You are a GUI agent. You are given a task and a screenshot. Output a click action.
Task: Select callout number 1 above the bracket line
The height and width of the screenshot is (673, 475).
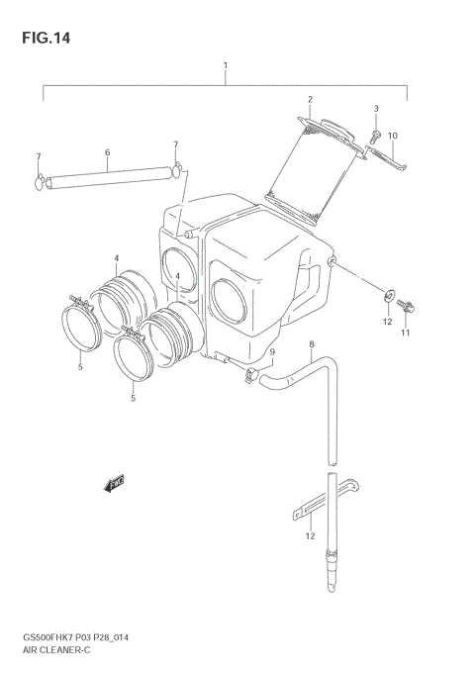226,66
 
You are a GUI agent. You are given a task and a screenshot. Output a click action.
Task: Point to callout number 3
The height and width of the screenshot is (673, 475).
376,108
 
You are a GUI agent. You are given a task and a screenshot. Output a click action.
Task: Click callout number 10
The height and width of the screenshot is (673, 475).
392,136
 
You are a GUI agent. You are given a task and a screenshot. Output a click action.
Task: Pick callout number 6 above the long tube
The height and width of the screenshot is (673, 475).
107,152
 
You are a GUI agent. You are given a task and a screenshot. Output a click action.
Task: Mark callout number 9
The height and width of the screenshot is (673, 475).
272,351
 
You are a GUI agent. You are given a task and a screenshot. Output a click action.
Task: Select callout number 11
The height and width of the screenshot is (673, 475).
405,334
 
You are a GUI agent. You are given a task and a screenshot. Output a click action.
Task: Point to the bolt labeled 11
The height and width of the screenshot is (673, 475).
406,306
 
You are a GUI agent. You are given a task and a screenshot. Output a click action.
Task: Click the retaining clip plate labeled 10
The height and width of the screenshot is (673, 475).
388,155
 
